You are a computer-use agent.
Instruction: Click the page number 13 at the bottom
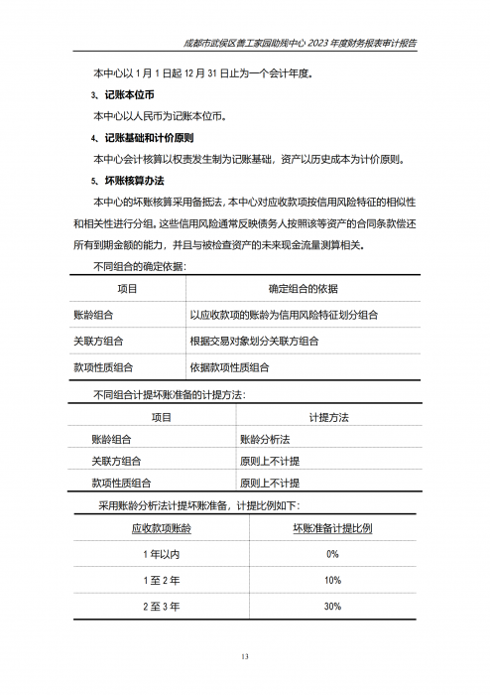click(245, 656)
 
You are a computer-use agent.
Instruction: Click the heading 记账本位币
click(129, 94)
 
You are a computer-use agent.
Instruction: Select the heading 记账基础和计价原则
click(150, 137)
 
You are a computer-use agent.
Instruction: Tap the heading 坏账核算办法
click(134, 181)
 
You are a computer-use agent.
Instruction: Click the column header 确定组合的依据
click(303, 289)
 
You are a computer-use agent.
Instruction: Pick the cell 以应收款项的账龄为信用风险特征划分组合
click(284, 315)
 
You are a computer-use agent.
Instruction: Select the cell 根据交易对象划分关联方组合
click(254, 341)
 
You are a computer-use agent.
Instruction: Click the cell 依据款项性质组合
click(229, 366)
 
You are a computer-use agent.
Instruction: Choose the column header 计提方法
click(328, 418)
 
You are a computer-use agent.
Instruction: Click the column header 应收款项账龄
click(161, 528)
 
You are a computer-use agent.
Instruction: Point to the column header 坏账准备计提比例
click(332, 528)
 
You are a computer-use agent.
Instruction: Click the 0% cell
click(332, 554)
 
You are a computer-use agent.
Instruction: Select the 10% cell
click(332, 580)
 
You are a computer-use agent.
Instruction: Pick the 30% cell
click(332, 606)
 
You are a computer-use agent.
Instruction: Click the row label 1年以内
click(161, 554)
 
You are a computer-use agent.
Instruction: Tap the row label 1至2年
click(161, 580)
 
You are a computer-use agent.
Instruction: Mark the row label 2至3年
click(161, 606)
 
